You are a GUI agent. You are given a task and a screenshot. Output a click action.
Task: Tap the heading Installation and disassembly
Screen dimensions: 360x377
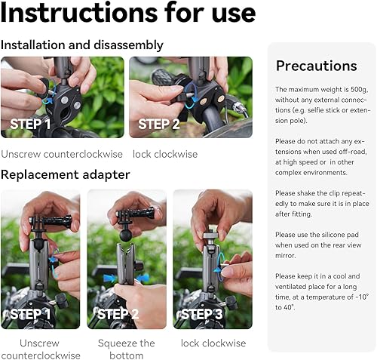pyautogui.click(x=81, y=45)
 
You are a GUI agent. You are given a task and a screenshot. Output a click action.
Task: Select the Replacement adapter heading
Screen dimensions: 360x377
pyautogui.click(x=65, y=174)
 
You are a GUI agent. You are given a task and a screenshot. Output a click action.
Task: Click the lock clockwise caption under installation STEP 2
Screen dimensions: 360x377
pyautogui.click(x=164, y=154)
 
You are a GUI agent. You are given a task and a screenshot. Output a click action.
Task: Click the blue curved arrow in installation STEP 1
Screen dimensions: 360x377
pyautogui.click(x=48, y=99)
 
